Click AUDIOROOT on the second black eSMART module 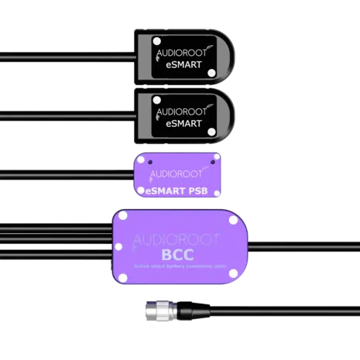(179, 110)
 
